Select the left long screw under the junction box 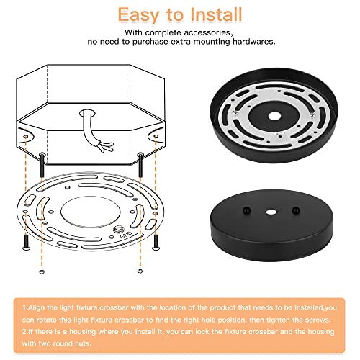point(42,164)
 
